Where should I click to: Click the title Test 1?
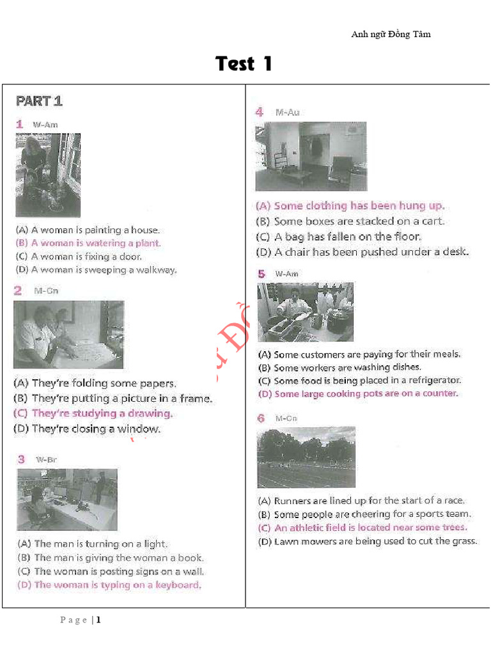pos(244,64)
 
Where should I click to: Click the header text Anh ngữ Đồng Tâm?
pos(391,35)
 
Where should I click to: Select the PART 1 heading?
pos(39,101)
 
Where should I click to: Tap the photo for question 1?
pos(48,175)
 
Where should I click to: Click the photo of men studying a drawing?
pos(68,335)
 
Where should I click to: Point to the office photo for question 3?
pos(67,500)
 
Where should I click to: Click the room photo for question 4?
pos(311,156)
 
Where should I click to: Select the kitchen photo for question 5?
pos(305,312)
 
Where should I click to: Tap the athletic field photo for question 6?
pos(306,457)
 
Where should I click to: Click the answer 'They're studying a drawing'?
pos(93,413)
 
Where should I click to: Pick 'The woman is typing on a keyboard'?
pos(109,585)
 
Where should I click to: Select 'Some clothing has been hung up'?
pos(350,206)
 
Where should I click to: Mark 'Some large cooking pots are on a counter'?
pos(358,393)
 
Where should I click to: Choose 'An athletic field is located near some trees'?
pos(362,528)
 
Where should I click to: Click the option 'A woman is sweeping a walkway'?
pos(97,270)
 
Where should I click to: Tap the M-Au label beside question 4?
pos(287,113)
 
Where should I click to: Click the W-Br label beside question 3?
pos(46,460)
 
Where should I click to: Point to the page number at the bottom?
pos(81,620)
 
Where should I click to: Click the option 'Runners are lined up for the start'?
pos(361,501)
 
